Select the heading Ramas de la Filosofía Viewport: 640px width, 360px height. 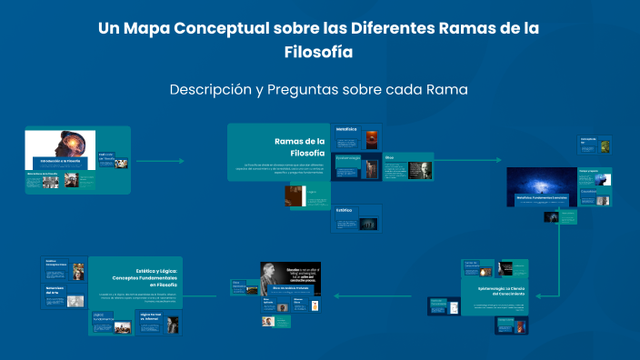coord(299,146)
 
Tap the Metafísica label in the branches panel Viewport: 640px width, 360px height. coord(346,130)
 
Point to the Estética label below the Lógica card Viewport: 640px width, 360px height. coord(345,210)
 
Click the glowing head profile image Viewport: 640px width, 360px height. coord(74,145)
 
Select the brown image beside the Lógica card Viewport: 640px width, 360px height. coord(295,196)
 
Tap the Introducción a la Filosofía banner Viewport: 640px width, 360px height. coord(60,160)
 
